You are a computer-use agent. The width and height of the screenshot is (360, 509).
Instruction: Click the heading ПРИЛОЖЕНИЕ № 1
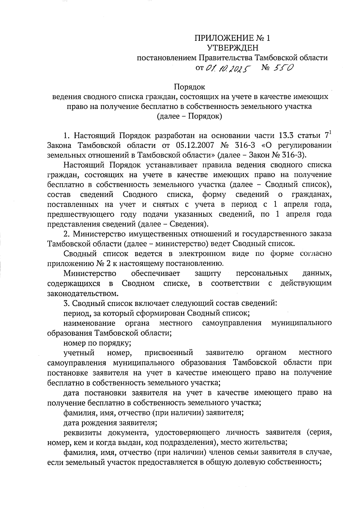pyautogui.click(x=232, y=38)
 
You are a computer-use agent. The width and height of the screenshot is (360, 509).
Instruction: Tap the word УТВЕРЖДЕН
pyautogui.click(x=232, y=48)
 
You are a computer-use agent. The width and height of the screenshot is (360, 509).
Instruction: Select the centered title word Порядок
pyautogui.click(x=190, y=87)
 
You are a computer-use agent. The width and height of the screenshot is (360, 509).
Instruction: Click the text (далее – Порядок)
pyautogui.click(x=190, y=116)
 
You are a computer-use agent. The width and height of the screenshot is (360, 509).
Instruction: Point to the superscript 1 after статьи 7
pyautogui.click(x=330, y=132)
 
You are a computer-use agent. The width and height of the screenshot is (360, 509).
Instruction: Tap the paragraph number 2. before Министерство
pyautogui.click(x=67, y=234)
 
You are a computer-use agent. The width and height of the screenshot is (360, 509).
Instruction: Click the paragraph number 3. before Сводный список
pyautogui.click(x=67, y=303)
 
